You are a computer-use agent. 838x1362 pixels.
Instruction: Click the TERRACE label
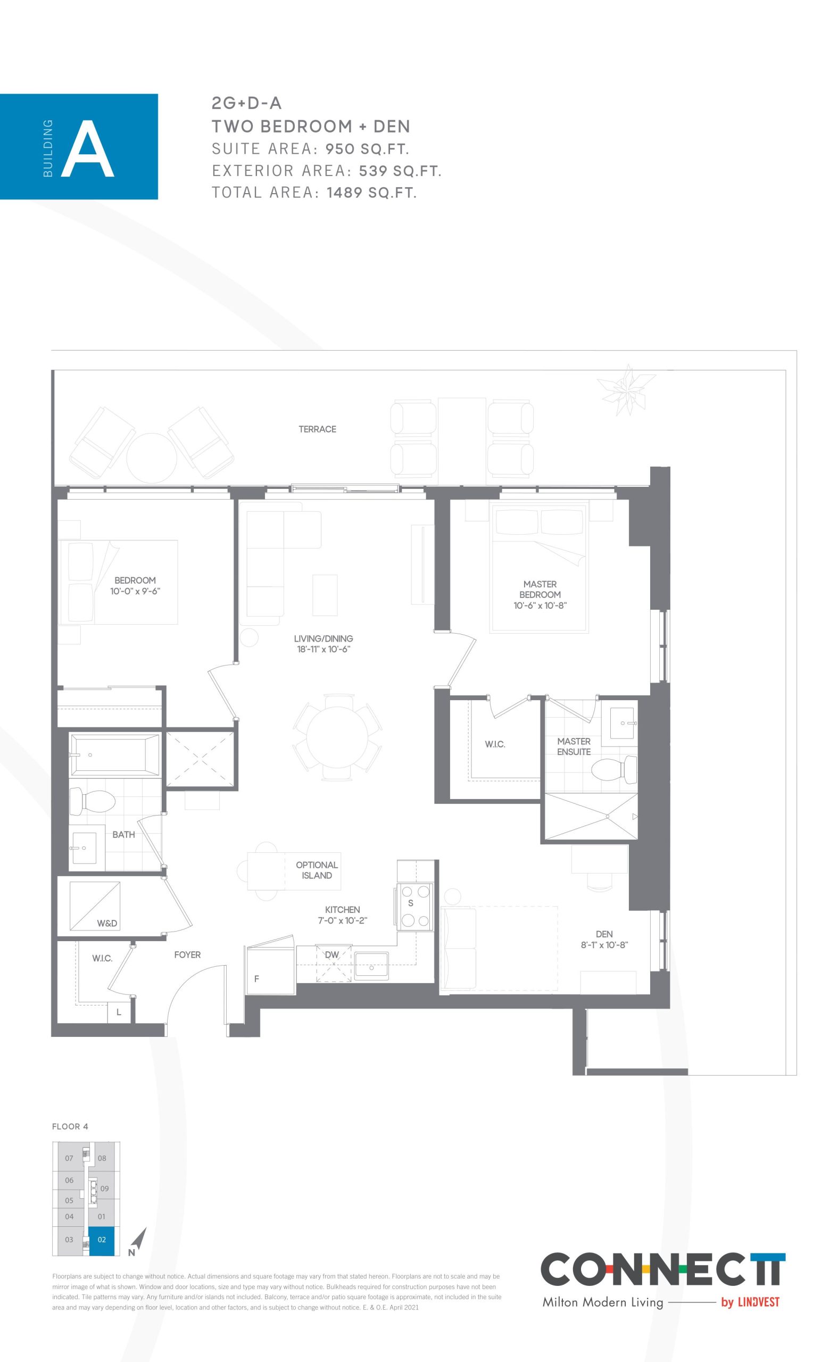tap(317, 429)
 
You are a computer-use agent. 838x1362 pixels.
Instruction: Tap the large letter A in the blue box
tap(88, 149)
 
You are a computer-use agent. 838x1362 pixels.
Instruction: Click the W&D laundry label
tap(107, 923)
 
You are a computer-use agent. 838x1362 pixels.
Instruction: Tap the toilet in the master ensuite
tap(613, 770)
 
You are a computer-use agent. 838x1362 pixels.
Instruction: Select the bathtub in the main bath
tap(115, 755)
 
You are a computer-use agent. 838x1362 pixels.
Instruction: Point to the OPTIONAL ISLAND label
tap(317, 870)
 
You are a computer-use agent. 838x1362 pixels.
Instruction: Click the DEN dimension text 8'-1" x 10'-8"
tap(604, 945)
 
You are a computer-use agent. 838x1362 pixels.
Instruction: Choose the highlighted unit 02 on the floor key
tap(102, 1240)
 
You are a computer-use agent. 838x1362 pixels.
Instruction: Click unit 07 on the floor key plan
tap(69, 1158)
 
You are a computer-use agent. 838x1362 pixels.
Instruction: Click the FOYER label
tap(187, 954)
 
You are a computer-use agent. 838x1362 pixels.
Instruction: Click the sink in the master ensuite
tap(623, 723)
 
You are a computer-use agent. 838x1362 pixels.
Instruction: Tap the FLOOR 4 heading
tap(70, 1126)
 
